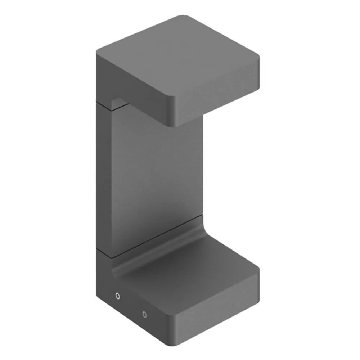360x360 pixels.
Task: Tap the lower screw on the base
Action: pos(144,314)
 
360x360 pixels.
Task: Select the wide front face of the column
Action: pos(155,173)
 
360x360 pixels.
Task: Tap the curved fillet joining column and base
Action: pos(158,245)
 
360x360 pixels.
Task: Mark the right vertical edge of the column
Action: pos(202,162)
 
